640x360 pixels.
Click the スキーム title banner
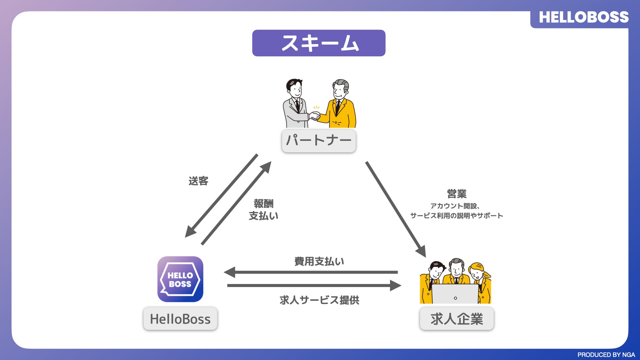[x=319, y=43]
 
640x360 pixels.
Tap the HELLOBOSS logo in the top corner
[x=583, y=17]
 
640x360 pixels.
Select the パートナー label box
[x=319, y=141]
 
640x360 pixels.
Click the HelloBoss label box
[x=180, y=319]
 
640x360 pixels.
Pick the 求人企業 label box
[x=457, y=319]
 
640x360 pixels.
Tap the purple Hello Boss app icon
[x=180, y=279]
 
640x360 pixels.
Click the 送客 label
[x=198, y=181]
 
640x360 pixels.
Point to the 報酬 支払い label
[x=263, y=210]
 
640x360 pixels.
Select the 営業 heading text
[x=457, y=194]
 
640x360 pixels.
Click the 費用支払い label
[x=319, y=261]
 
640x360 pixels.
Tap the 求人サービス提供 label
[x=319, y=300]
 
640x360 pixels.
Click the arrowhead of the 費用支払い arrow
[x=230, y=272]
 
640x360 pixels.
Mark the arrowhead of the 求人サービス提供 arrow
[x=396, y=285]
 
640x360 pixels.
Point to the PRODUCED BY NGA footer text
[x=606, y=355]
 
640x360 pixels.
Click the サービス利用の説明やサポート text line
[x=456, y=216]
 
